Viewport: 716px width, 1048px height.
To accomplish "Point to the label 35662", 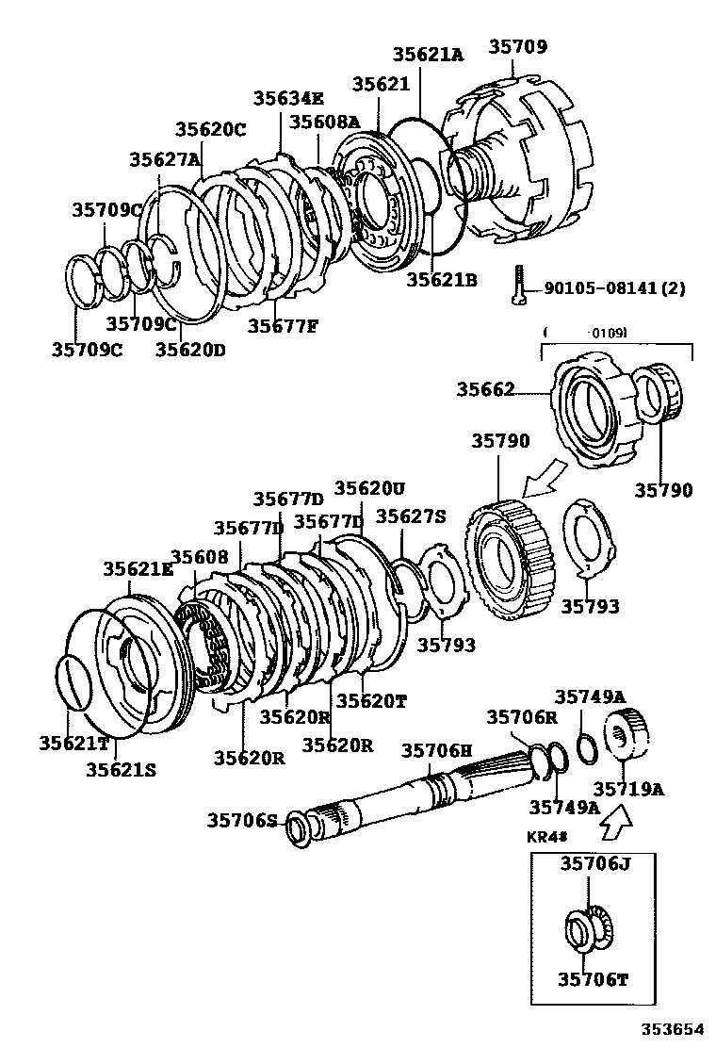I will click(486, 388).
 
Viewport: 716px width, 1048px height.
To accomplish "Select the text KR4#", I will click(546, 836).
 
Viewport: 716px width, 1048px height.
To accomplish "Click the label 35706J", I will click(594, 863).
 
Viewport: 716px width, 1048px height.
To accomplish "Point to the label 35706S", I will click(242, 821).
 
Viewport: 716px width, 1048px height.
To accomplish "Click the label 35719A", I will click(628, 789).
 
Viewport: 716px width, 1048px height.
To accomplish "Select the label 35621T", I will click(74, 744).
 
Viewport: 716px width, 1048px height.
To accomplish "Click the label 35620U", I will click(370, 488).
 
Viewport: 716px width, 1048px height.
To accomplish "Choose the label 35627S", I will click(411, 516).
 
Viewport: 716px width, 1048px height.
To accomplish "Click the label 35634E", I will click(288, 99).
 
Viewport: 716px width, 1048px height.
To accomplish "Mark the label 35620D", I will click(190, 350).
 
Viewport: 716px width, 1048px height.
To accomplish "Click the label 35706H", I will click(436, 750).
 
